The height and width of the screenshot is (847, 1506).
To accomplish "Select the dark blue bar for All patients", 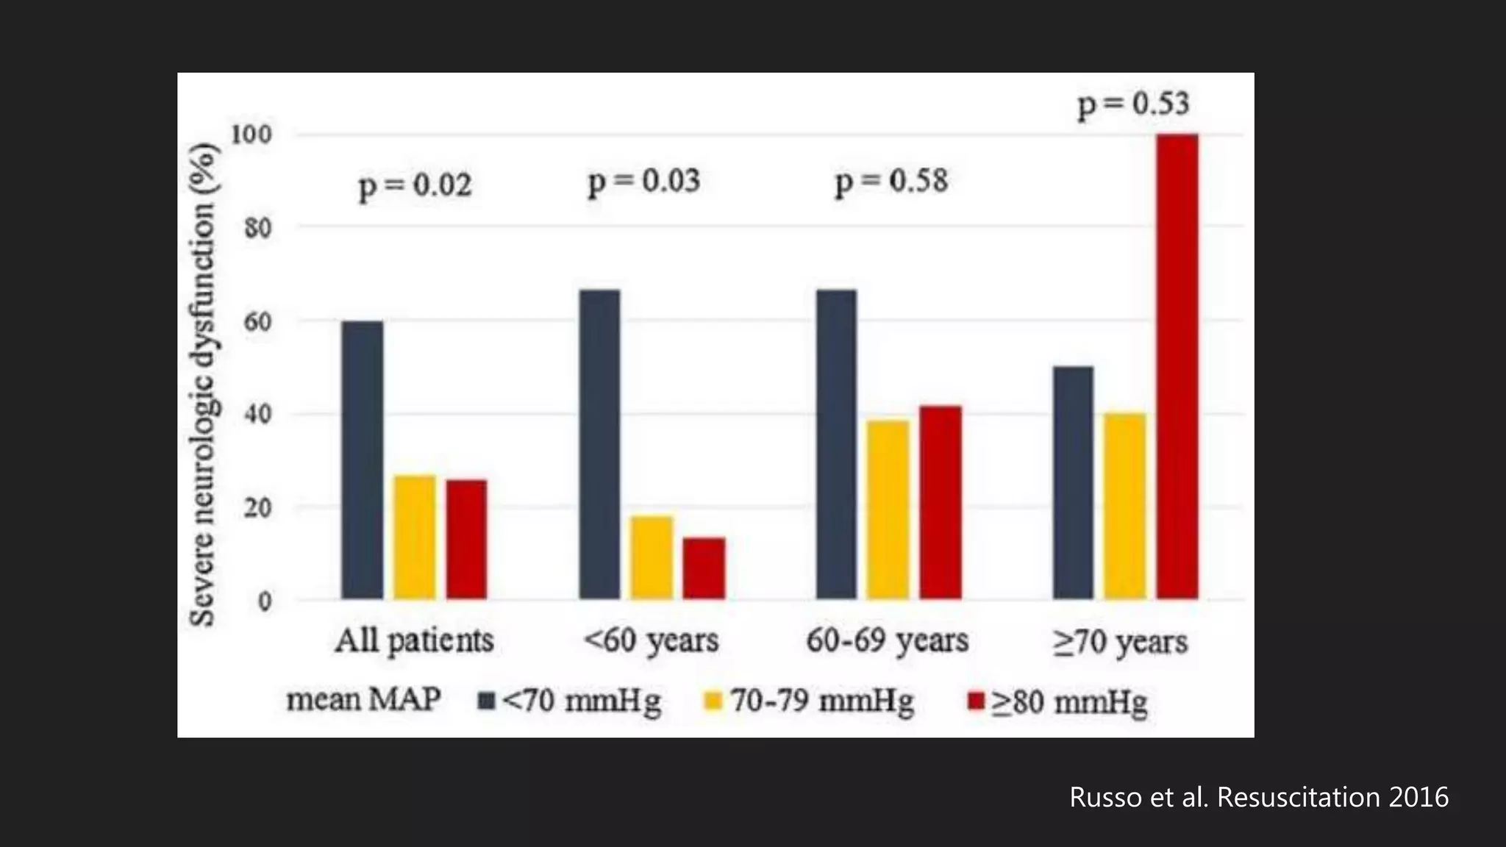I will click(362, 460).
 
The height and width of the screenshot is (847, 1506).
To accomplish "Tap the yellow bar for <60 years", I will click(652, 557).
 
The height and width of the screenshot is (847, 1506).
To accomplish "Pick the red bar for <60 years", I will click(704, 568).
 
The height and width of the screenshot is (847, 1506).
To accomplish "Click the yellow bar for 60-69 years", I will click(888, 510).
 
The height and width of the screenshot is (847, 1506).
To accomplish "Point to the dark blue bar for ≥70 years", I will click(1073, 482).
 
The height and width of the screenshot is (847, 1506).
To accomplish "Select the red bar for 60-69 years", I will click(941, 502).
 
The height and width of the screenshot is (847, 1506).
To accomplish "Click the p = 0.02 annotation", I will click(415, 185).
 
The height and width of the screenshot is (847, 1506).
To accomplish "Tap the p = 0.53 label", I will click(1133, 104).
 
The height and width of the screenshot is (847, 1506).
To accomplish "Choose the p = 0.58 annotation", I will click(891, 182).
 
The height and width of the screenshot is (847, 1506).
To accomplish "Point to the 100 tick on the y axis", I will click(251, 135).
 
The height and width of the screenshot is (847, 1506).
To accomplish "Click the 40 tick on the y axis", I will click(257, 414).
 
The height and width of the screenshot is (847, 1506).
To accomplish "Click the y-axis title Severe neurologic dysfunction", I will click(202, 382).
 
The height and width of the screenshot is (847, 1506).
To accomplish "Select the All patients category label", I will click(414, 640).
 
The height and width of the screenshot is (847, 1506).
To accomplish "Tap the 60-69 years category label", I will click(887, 640).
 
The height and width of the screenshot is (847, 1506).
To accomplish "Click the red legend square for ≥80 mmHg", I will click(976, 701).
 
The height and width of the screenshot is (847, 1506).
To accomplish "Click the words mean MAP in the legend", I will click(363, 699).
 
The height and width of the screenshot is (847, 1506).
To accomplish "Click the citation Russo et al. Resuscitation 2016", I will click(1258, 797).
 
